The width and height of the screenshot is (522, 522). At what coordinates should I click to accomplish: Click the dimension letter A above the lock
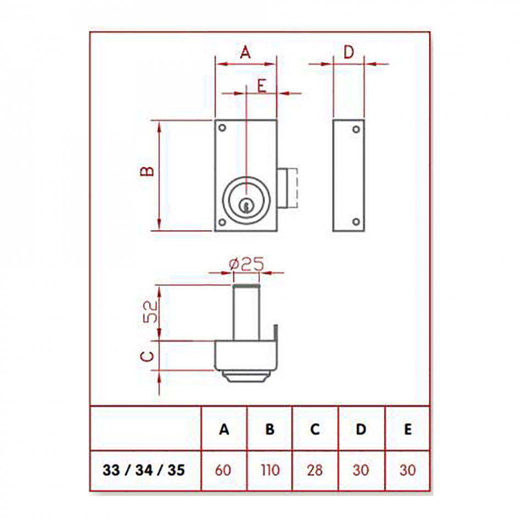click(246, 52)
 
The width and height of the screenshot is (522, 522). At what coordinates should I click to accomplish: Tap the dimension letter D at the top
click(348, 52)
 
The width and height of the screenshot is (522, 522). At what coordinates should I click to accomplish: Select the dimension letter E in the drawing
click(262, 86)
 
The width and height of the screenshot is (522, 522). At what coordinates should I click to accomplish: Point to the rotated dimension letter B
click(147, 171)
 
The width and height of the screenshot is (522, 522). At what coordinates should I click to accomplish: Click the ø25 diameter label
click(246, 264)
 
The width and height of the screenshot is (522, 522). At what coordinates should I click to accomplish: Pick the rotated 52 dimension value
click(150, 312)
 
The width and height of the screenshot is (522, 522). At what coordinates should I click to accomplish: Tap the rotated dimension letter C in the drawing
click(147, 356)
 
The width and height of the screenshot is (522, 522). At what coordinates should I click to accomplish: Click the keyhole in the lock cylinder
click(246, 206)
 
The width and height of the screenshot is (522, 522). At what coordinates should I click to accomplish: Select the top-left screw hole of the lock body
click(222, 128)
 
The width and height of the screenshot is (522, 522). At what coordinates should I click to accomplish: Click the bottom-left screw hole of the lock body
click(222, 222)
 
